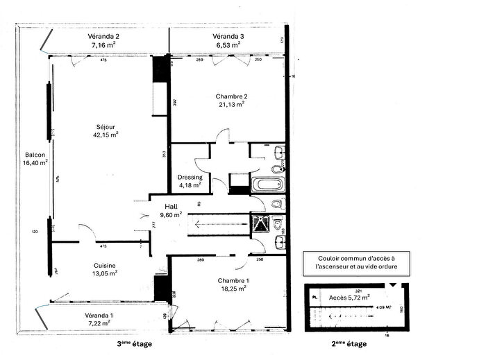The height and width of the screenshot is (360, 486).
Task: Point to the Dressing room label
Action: pos(190,177)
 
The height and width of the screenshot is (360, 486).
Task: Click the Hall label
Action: pos(171,207)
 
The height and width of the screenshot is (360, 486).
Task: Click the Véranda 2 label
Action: pos(103,36)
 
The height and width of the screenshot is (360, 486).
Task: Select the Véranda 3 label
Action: pos(228,36)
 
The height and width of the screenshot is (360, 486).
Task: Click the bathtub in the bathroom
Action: pos(267,185)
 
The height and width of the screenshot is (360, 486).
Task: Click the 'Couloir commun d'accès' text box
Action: pos(355,262)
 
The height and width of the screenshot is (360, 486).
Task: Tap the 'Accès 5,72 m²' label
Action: pos(349,297)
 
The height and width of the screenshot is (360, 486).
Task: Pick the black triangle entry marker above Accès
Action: pos(394,285)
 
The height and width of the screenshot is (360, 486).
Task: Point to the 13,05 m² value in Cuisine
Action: pos(106,273)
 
